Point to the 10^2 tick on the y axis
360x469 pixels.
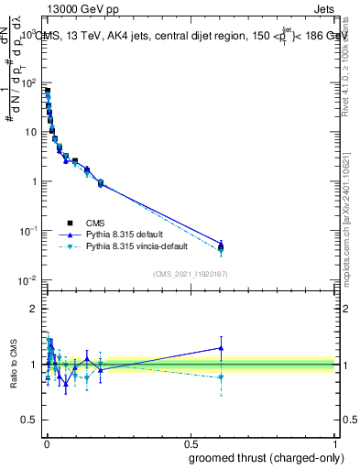click(27, 82)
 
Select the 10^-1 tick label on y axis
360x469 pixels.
click(27, 231)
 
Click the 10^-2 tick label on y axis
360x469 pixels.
click(27, 280)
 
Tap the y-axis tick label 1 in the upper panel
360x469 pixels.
click(33, 181)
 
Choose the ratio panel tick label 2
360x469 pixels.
click(34, 309)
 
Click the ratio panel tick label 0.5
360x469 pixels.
click(29, 420)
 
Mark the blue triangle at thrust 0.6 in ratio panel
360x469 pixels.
click(220, 347)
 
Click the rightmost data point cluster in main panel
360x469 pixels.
click(220, 246)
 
